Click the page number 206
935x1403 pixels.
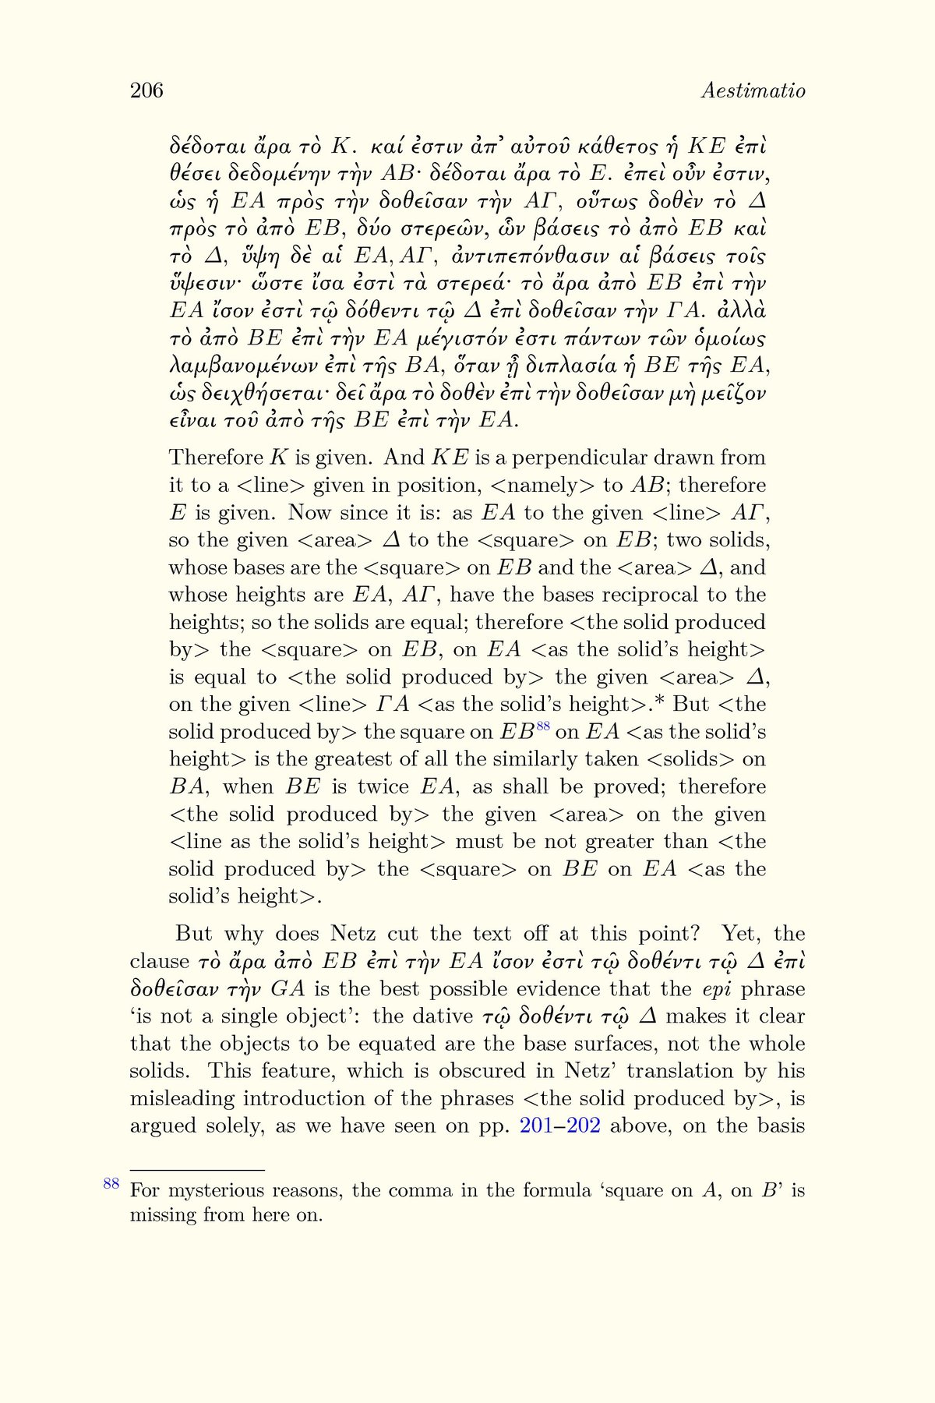click(146, 91)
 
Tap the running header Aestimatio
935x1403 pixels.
click(753, 91)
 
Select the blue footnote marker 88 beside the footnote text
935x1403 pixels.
click(111, 1184)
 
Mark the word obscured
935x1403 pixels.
click(487, 1071)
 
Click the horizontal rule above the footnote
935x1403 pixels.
click(197, 1170)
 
